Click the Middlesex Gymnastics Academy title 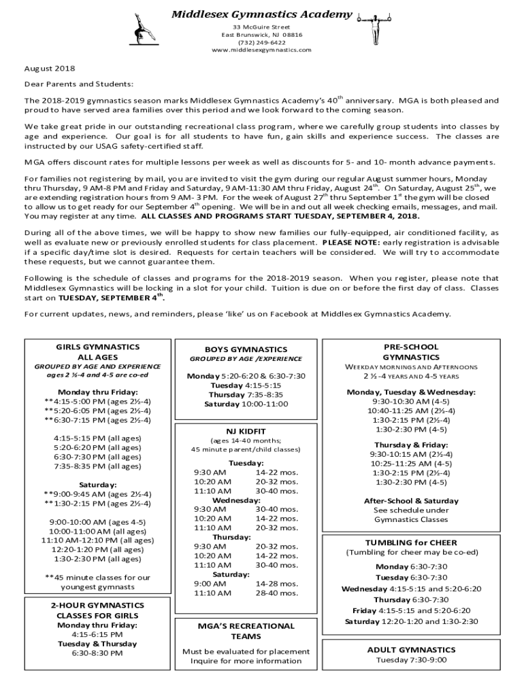[x=261, y=14]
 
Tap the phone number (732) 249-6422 [x=261, y=42]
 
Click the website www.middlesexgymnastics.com [x=261, y=50]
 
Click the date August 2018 [x=50, y=69]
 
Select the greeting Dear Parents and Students [x=79, y=84]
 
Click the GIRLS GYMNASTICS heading [x=98, y=347]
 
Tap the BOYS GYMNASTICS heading [x=246, y=349]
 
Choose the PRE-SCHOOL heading [x=410, y=347]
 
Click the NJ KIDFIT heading [x=246, y=430]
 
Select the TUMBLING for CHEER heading [x=410, y=542]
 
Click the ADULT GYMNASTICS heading [x=410, y=650]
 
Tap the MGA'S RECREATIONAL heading [x=246, y=626]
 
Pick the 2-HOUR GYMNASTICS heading [x=98, y=606]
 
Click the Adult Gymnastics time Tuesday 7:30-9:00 [x=410, y=660]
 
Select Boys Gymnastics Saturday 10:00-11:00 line [x=246, y=404]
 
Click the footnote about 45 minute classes [x=98, y=582]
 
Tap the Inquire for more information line [x=246, y=661]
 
